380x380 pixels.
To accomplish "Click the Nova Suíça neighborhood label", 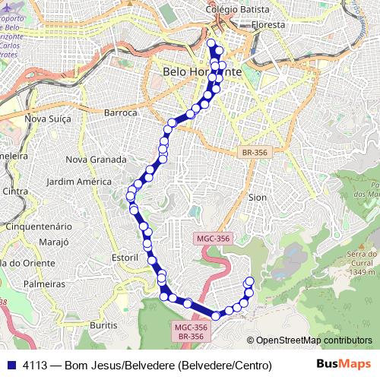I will [47, 118].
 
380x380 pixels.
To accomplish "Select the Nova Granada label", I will [96, 160].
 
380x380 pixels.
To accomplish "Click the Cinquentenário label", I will [39, 226].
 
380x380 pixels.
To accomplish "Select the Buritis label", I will [103, 325].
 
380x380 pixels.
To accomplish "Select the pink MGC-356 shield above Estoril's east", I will [213, 238].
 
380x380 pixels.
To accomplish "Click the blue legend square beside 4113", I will [11, 365].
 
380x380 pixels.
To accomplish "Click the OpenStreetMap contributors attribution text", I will [313, 340].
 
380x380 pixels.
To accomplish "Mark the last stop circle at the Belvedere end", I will [249, 282].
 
